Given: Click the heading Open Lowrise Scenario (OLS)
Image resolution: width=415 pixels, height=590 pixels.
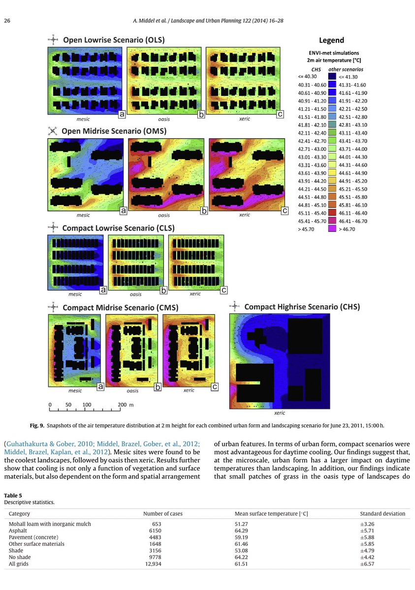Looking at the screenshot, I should pos(113,39).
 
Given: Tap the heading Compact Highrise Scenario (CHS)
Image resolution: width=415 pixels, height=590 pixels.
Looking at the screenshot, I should pos(302,307).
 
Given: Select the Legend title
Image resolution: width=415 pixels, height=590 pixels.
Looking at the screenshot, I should pos(331,40).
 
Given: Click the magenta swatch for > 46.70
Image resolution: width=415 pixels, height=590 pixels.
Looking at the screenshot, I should pos(332,229).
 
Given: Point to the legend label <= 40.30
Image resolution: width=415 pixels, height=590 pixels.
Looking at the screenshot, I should pos(307,77).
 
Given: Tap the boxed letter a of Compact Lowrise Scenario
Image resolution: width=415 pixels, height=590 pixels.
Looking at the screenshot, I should pos(103,290).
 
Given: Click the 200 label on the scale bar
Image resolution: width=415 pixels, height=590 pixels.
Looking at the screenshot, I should pos(122,405).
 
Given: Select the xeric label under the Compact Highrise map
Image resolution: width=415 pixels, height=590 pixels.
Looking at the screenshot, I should pos(280,413).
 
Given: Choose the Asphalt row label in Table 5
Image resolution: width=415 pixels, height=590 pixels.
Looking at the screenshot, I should pos(18,531).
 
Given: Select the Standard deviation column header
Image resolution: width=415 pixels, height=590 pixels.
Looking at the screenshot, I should pos(383,513).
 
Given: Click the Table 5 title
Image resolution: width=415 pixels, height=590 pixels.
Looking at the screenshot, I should pos(13,496).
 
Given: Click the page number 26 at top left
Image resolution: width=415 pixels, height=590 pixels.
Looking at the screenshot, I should pos(7,21).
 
